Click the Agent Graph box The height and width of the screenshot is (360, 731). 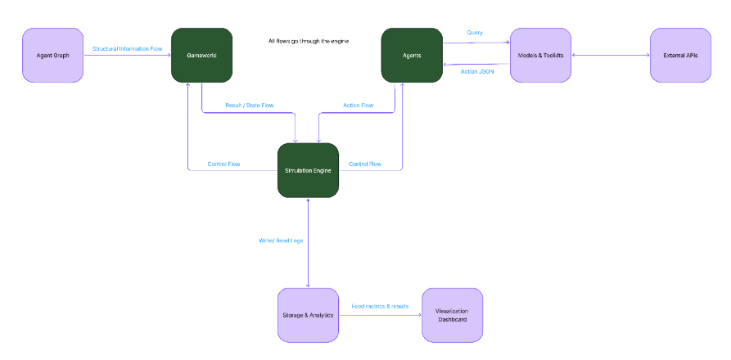pos(52,55)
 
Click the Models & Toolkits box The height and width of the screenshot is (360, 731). pos(540,55)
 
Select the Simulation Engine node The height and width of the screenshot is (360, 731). pos(308,170)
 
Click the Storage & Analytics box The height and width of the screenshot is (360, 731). pos(308,315)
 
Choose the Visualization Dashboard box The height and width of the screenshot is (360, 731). pos(452,315)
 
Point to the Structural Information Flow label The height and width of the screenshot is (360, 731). pos(128,49)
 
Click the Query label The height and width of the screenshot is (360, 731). pos(475,33)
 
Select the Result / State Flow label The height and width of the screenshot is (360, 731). pos(249,106)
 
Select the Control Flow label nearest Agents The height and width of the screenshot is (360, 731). pos(365,164)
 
